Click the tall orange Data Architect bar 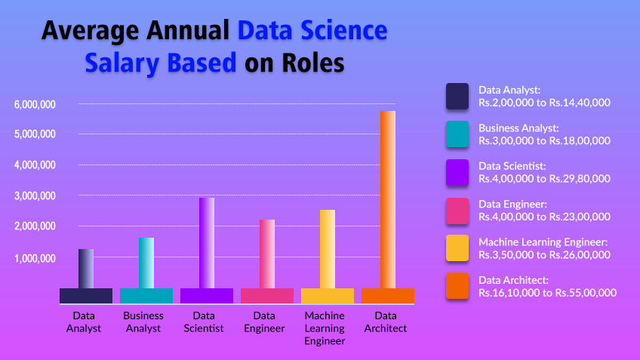(388, 200)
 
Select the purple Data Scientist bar (207, 243)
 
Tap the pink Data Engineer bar (267, 254)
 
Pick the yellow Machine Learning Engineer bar (328, 249)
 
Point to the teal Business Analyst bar (146, 263)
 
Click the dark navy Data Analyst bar (86, 269)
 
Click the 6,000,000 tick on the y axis (35, 104)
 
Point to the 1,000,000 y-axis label (35, 258)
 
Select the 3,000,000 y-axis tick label (35, 196)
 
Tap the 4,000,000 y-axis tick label (35, 165)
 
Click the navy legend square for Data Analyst (459, 96)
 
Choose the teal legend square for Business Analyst (459, 134)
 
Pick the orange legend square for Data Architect (459, 286)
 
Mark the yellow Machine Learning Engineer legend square (459, 248)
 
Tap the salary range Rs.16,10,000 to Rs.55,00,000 (547, 293)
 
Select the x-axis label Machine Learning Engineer (325, 328)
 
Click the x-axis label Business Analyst (143, 322)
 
